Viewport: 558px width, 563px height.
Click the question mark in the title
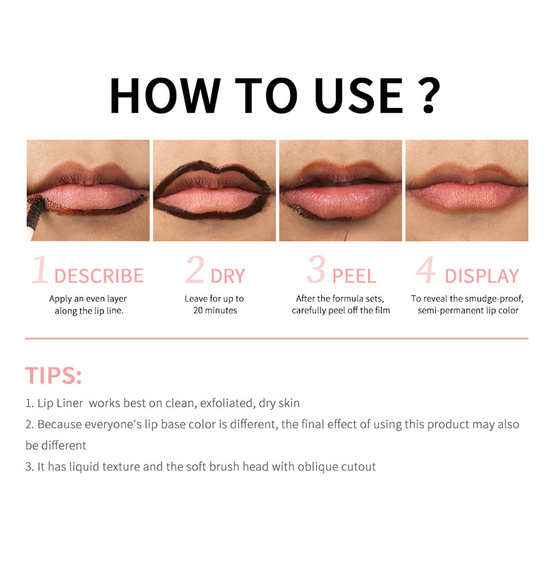point(429,95)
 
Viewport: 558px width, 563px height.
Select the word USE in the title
point(359,96)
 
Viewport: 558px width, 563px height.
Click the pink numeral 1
point(40,269)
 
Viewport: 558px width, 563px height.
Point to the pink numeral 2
point(195,269)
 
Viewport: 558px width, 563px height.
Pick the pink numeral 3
point(316,269)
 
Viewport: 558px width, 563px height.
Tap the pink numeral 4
point(426,269)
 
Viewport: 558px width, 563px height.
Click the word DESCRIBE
point(99,276)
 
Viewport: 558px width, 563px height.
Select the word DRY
point(228,276)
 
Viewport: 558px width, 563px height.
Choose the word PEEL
point(354,276)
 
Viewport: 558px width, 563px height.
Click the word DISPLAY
point(482,276)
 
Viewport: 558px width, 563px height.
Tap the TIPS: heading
point(53,375)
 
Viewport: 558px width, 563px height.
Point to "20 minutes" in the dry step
point(215,310)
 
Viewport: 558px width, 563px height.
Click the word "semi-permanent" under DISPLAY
point(450,311)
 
